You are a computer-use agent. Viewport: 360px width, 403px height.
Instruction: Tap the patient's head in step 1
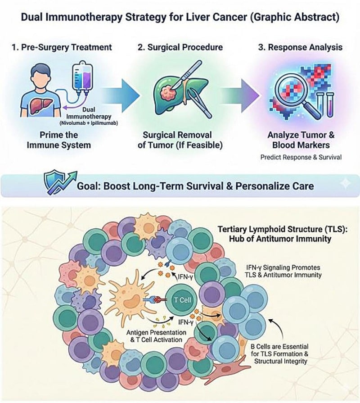pos(41,74)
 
